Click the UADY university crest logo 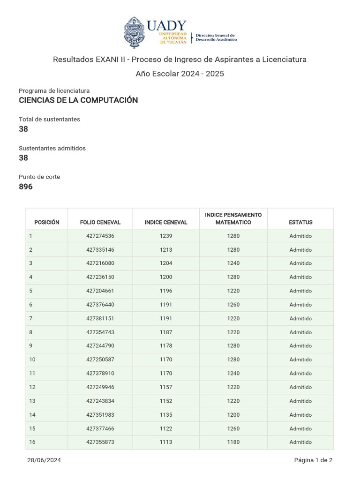pos(135,32)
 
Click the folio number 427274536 pos(100,236)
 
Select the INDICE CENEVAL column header pos(166,222)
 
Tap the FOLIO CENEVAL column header pos(100,222)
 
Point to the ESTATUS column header pos(300,222)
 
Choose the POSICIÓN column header pos(47,222)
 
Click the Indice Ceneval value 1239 pos(166,236)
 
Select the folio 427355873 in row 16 pos(100,442)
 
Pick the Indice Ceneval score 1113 pos(166,442)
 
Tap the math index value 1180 pos(233,442)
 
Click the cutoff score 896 pos(26,187)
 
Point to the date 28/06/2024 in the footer pos(44,460)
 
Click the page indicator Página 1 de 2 pos(313,460)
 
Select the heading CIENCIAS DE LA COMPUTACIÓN pos(78,100)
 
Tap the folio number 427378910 pos(100,373)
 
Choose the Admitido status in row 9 pos(300,345)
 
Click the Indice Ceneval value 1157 pos(166,387)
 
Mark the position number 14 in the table pos(32,415)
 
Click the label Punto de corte pos(39,177)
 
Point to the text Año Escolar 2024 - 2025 pos(180,74)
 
